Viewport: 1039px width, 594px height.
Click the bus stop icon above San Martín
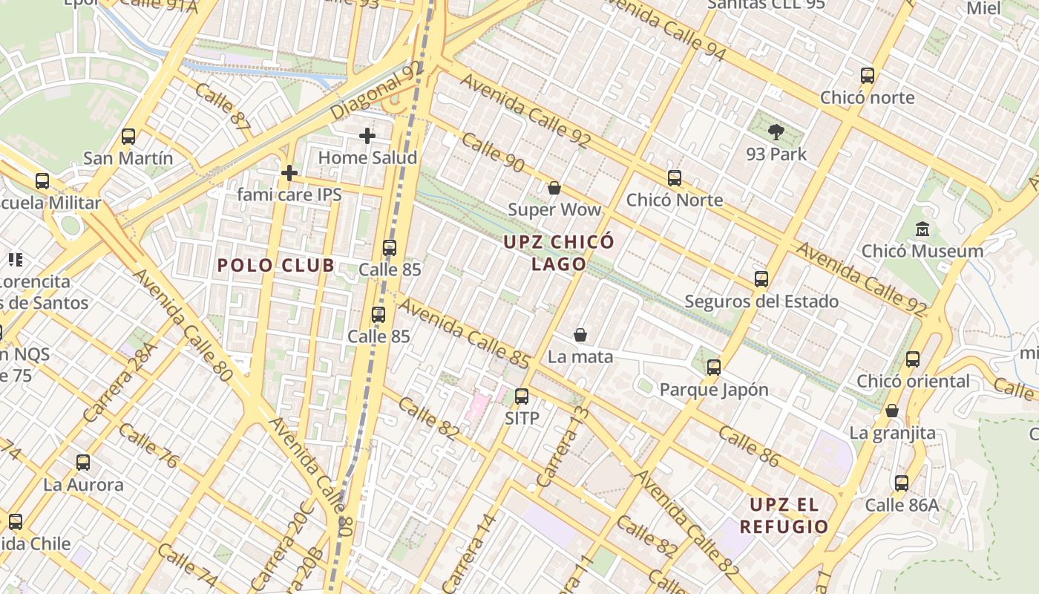click(x=128, y=137)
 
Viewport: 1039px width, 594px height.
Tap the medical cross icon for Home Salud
click(x=367, y=136)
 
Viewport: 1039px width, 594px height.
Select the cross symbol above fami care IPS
click(x=289, y=174)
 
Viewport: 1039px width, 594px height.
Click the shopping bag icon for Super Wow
click(x=554, y=188)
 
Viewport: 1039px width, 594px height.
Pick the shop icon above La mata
click(x=580, y=336)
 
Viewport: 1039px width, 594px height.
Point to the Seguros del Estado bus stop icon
click(x=761, y=279)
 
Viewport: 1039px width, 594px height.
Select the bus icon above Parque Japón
click(x=714, y=367)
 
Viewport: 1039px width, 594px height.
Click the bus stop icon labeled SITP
click(x=522, y=396)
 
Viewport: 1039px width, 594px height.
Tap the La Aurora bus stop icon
click(x=83, y=463)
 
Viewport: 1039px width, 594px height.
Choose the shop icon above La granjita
click(x=892, y=411)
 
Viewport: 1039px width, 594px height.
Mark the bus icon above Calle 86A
click(x=902, y=483)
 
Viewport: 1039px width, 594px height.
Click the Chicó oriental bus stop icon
click(x=913, y=359)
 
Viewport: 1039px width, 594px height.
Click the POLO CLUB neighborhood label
click(x=275, y=266)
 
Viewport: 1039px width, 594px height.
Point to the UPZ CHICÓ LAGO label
click(x=559, y=252)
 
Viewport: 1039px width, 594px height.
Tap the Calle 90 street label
click(x=493, y=155)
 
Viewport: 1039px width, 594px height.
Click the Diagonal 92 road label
click(x=376, y=91)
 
